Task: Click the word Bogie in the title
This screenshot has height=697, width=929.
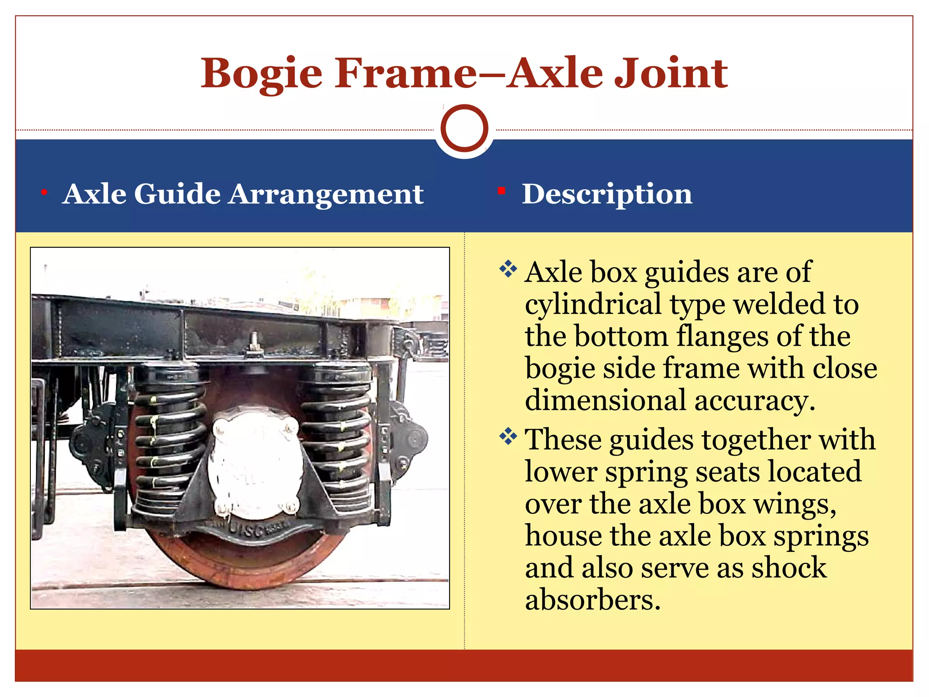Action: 262,74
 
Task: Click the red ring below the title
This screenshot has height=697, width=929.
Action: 464,128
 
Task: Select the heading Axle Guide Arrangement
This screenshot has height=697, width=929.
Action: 243,194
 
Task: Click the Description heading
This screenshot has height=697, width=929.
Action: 607,194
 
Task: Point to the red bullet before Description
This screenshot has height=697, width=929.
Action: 501,191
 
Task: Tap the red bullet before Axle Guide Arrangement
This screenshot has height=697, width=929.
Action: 44,193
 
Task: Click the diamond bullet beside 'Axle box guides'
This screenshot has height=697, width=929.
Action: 508,269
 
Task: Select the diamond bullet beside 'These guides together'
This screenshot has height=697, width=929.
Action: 508,437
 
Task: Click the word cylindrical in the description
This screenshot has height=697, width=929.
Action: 593,304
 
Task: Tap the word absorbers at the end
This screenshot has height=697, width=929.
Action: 592,600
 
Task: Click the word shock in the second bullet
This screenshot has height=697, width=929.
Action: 789,568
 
